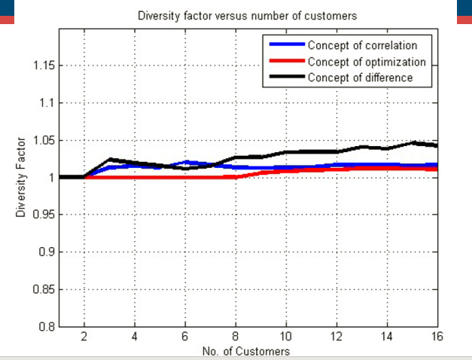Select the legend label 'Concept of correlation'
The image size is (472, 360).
point(362,45)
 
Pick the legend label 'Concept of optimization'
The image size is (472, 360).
point(367,62)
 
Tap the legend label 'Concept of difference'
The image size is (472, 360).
point(360,78)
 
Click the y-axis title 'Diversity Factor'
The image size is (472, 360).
point(22,177)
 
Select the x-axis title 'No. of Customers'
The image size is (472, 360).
point(246,351)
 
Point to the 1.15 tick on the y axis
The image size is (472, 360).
point(44,66)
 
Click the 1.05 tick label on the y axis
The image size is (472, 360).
point(44,140)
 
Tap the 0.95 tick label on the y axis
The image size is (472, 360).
point(44,215)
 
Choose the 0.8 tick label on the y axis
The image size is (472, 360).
point(47,326)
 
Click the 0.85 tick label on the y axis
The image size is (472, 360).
point(44,289)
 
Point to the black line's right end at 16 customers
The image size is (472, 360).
point(437,145)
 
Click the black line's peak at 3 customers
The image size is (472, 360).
point(109,159)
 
